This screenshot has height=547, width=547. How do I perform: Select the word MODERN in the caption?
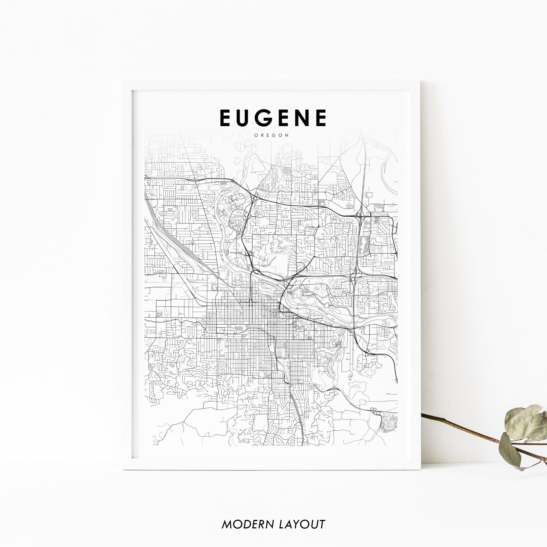point(248,516)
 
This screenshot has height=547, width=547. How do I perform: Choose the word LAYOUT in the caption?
point(302,516)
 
